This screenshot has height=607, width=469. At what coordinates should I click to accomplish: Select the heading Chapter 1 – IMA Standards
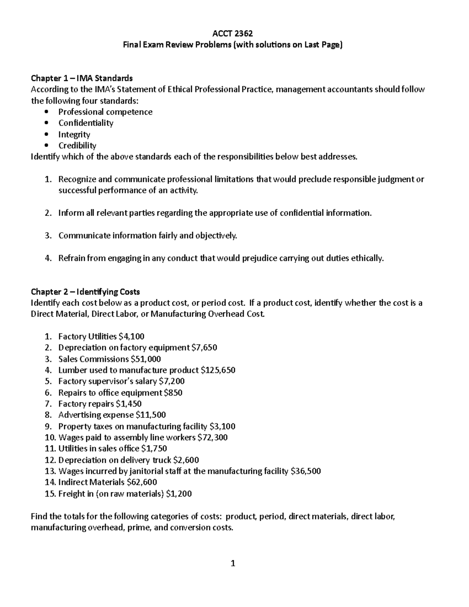[82, 78]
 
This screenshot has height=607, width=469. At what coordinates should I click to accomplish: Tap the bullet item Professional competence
[105, 112]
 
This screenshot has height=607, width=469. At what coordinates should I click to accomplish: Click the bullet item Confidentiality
[86, 123]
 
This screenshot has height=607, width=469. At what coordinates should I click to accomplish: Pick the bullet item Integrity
[74, 134]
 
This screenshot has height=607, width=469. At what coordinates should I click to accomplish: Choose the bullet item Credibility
[77, 145]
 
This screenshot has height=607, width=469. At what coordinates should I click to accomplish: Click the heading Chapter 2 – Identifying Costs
[85, 292]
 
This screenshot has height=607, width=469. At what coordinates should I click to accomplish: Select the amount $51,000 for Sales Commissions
[146, 359]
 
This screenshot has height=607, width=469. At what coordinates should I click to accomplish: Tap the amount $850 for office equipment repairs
[173, 392]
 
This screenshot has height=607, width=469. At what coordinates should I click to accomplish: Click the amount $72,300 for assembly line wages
[212, 437]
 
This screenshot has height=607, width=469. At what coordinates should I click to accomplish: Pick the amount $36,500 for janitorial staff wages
[306, 471]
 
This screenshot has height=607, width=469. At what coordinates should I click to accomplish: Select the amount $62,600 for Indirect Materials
[142, 482]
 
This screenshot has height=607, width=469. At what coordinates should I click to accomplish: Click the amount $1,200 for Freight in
[179, 494]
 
